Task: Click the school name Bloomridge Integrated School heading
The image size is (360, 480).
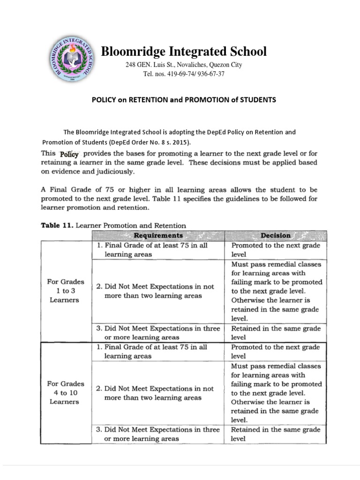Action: (184, 52)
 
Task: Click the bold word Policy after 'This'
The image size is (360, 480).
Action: (69, 154)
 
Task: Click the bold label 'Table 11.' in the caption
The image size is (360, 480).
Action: (57, 225)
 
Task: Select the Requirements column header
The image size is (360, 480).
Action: (158, 235)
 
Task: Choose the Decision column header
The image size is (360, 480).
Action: (275, 235)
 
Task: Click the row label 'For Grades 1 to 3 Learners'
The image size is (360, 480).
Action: (66, 291)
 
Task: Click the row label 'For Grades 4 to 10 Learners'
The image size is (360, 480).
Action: (66, 392)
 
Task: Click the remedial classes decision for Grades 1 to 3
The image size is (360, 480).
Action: (276, 291)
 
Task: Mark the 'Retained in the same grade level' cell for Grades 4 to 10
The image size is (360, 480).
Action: (276, 434)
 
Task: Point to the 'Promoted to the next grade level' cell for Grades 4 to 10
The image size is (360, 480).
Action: (276, 352)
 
